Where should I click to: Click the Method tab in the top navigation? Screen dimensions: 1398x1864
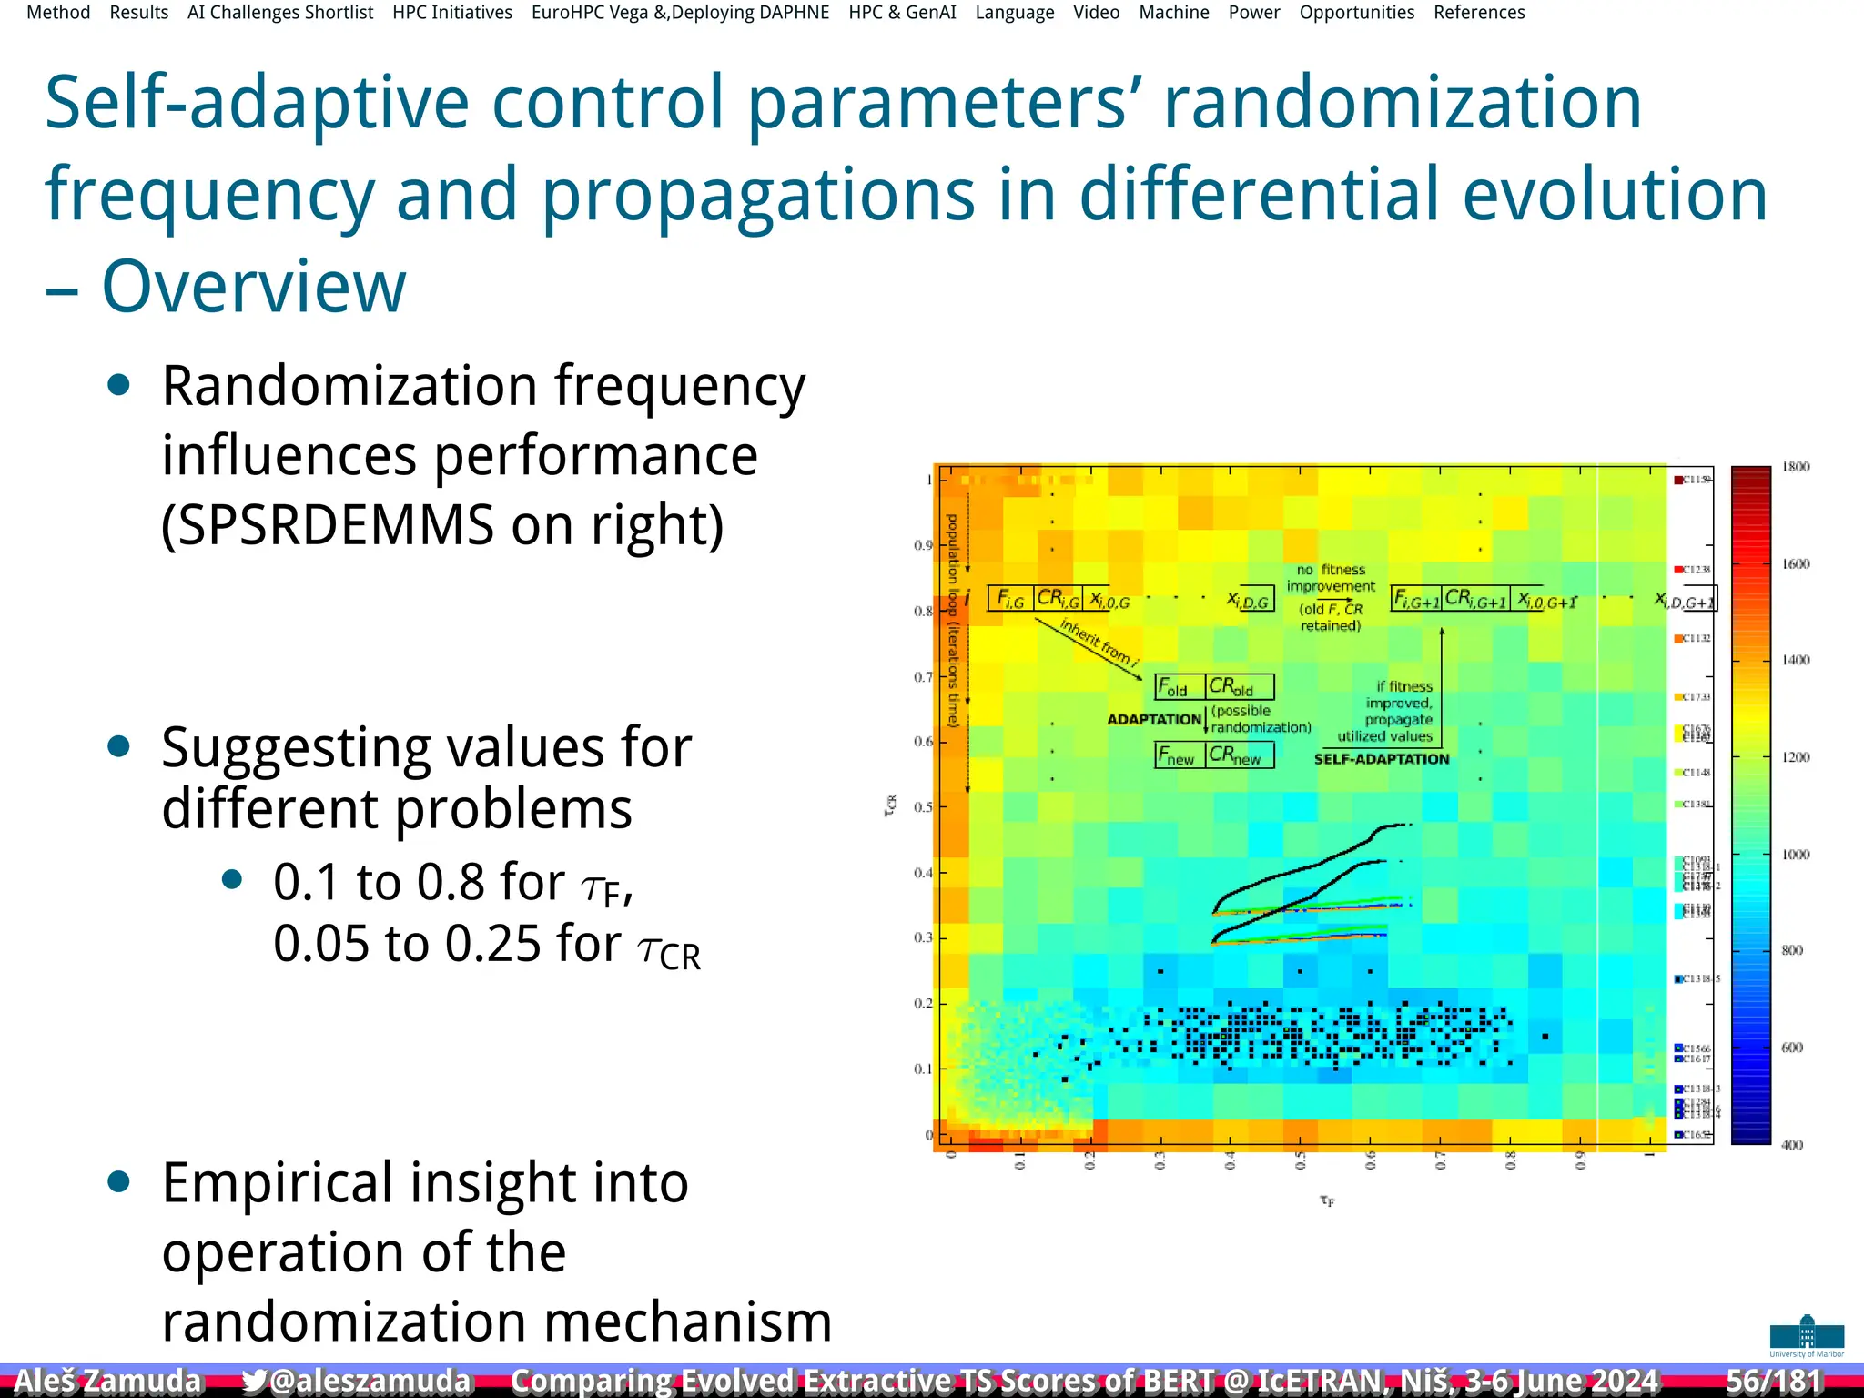tap(58, 13)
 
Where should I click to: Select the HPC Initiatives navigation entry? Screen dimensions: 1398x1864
tap(452, 13)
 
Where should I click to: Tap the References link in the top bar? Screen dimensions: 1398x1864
tap(1479, 13)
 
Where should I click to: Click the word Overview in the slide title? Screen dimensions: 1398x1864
tap(254, 287)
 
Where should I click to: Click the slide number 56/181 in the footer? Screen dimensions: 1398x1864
tap(1774, 1380)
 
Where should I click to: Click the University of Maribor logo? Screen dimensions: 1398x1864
tap(1807, 1335)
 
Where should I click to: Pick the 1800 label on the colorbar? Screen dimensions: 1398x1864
tap(1796, 467)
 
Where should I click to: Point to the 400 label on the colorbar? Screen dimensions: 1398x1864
tap(1792, 1145)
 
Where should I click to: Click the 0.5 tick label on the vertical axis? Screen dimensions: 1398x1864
tap(923, 807)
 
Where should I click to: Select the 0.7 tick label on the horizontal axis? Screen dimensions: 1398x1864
tap(1440, 1160)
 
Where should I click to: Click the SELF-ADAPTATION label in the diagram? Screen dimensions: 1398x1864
tap(1382, 759)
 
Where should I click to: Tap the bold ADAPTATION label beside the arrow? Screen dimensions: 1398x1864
tap(1154, 719)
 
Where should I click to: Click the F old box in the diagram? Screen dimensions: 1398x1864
tap(1180, 686)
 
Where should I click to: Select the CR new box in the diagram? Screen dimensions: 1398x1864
tap(1239, 755)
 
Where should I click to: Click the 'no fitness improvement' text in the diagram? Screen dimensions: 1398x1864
tap(1331, 578)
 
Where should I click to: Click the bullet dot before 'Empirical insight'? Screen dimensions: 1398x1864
tap(118, 1182)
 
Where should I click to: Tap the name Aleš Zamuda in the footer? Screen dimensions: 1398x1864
tap(107, 1380)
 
